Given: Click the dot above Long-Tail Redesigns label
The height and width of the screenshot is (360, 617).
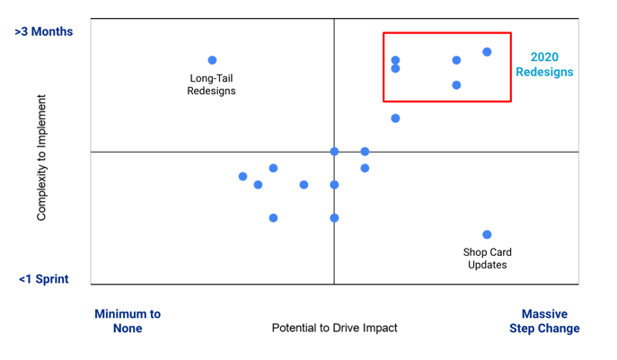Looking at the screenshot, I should (212, 60).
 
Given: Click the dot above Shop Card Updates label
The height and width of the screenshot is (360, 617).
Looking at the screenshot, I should (487, 234).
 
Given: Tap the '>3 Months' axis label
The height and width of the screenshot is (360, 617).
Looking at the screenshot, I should (43, 31).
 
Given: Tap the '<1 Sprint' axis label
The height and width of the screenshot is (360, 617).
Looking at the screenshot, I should (43, 279).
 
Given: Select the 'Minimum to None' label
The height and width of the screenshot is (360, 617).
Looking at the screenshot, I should (128, 320).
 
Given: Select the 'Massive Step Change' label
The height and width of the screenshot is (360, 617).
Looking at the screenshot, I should (544, 320).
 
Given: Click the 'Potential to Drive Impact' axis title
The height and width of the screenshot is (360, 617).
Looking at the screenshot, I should (334, 328).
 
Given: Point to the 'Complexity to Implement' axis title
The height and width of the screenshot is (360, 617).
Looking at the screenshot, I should (41, 157).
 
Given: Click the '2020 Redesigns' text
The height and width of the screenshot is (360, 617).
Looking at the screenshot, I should (544, 65).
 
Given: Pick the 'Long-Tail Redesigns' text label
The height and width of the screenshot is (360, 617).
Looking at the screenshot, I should (211, 84).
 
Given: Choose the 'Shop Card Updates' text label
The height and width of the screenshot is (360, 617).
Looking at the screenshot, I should (487, 259).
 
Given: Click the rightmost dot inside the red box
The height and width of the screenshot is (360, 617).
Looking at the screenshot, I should (487, 52).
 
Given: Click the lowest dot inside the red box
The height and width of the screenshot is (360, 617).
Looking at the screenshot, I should (456, 85).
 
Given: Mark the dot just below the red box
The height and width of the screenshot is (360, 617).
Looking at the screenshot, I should (395, 118).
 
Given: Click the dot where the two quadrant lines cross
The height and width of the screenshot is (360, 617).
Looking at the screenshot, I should (334, 152).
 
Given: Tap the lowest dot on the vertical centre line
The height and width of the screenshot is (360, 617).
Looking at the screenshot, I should (334, 217).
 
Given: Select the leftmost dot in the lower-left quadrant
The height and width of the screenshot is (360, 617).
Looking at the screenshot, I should (242, 176).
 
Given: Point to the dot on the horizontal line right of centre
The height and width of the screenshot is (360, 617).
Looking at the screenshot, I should (365, 152).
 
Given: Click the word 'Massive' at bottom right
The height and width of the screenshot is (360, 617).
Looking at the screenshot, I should (544, 314).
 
